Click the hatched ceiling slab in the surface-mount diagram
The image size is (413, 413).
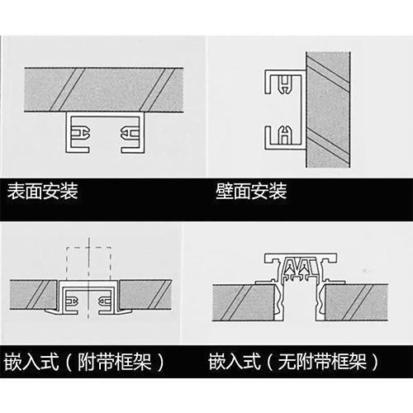[x=107, y=90]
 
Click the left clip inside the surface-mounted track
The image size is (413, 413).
[x=81, y=133]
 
